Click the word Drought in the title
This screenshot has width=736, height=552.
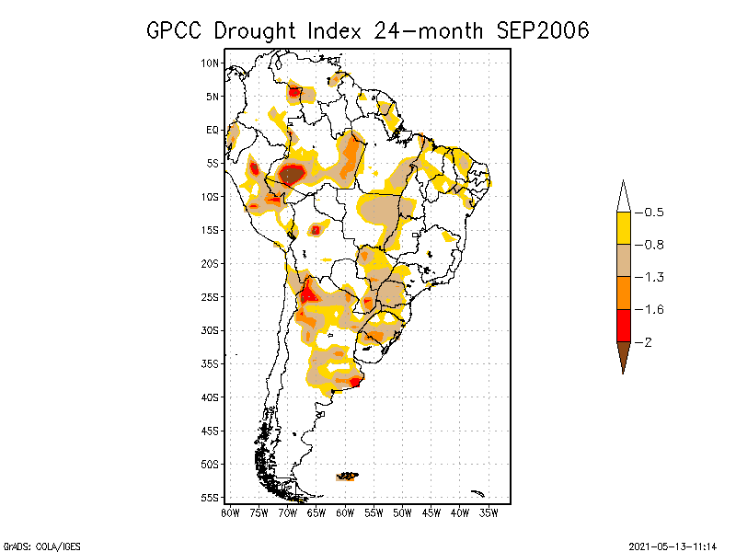tap(254, 30)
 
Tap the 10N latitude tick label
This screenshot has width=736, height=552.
tap(211, 63)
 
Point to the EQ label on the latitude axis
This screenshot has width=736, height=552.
tap(213, 130)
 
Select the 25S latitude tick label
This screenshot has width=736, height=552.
tap(211, 297)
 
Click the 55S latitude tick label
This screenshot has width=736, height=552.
tap(211, 498)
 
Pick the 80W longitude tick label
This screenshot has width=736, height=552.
tap(230, 512)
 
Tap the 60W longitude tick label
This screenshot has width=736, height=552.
tap(345, 512)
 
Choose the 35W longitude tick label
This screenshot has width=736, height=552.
tap(489, 512)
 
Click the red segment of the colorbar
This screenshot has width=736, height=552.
tap(624, 325)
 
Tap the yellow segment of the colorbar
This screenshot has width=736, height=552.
tap(624, 228)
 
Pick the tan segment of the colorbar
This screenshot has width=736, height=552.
tap(624, 260)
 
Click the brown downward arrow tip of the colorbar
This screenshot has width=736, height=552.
tap(624, 355)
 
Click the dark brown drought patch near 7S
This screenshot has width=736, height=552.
tap(292, 174)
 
